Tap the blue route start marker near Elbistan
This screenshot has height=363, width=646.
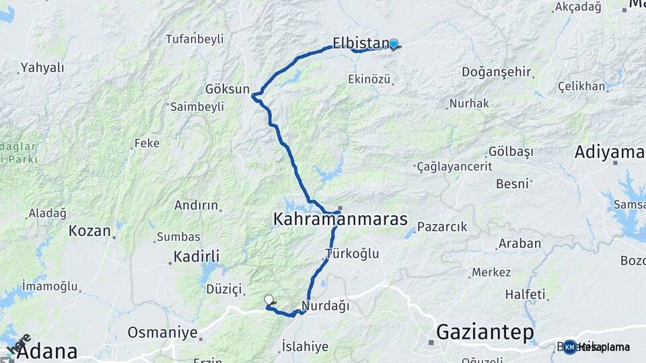point(394,44)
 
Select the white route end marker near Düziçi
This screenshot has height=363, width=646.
point(269,300)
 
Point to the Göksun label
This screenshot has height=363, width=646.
point(228,89)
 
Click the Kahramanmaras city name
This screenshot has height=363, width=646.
point(340,219)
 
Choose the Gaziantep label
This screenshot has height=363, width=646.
point(485,332)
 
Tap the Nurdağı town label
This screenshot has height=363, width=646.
point(326,307)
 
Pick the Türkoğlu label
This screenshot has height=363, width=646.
point(352,254)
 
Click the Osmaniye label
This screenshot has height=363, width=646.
point(162,333)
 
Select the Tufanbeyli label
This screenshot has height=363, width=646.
point(194,39)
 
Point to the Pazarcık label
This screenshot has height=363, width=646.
point(441,227)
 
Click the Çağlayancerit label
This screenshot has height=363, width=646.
point(455,166)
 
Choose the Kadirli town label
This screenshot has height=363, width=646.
point(196,256)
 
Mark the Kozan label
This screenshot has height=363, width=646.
point(89,231)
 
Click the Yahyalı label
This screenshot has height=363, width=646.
point(42,67)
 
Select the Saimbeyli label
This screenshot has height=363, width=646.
point(196,107)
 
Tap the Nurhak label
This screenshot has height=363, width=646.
point(470,104)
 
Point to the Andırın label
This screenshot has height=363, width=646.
point(196,206)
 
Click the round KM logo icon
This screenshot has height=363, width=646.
point(570,347)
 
